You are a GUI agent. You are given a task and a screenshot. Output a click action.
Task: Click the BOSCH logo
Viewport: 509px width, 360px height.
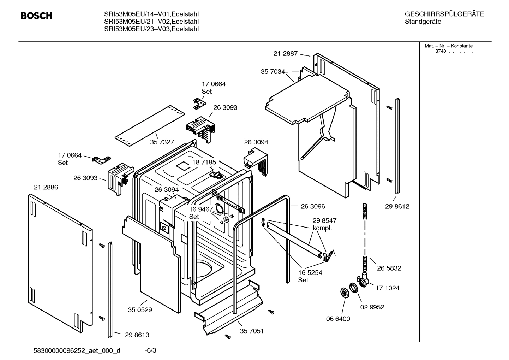(36, 16)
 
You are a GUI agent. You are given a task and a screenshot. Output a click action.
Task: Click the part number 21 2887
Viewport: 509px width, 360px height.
(286, 54)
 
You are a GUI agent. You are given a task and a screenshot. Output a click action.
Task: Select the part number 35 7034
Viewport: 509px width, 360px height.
(273, 72)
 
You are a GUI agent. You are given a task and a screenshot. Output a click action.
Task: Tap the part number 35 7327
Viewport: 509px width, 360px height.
(162, 142)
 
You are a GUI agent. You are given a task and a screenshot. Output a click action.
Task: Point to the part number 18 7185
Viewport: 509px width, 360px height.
(204, 162)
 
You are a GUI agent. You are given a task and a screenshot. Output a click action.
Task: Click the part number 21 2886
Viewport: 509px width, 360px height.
(46, 187)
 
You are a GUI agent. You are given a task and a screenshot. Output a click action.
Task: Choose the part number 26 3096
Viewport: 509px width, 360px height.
(313, 206)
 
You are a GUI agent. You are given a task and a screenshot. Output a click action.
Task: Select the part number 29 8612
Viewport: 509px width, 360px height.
(397, 206)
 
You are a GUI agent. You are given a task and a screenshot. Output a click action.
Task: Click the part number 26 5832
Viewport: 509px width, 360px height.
(389, 268)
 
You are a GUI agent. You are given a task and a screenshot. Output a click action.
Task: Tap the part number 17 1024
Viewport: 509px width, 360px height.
(387, 288)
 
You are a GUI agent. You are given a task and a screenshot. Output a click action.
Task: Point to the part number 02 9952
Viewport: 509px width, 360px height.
(372, 307)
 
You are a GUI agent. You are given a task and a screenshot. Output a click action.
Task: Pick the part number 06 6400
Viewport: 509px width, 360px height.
(338, 319)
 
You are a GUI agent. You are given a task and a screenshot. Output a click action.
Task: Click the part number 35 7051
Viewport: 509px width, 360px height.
(252, 331)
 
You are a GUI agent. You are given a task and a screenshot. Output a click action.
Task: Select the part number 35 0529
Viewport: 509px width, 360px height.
(140, 310)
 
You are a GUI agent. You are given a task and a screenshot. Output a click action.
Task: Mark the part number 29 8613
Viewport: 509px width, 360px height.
(137, 335)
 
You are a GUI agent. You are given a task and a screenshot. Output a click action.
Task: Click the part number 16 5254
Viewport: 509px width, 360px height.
(310, 273)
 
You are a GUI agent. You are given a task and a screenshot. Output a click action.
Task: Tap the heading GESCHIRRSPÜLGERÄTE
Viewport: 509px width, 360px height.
(444, 14)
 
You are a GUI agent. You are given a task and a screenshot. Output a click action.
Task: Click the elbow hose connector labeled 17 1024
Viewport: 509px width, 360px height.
(364, 280)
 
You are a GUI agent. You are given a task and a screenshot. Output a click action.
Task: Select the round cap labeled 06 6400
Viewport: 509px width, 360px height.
(343, 293)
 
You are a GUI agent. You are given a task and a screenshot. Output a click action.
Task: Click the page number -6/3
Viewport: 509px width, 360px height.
(150, 350)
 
